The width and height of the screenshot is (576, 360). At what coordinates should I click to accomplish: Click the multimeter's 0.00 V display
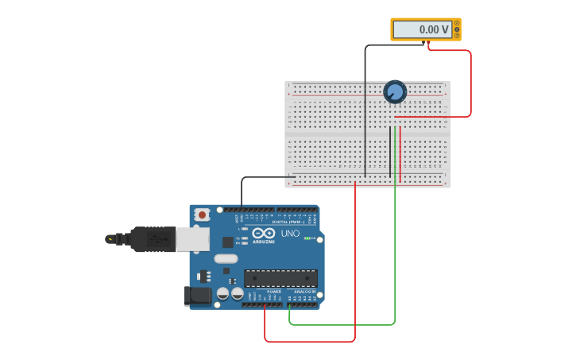tap(422, 29)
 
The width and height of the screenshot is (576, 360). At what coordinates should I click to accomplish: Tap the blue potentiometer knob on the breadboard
tap(395, 92)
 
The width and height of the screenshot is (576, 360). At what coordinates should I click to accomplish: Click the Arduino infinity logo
tap(263, 234)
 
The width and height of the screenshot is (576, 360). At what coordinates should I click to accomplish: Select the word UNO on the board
tap(290, 234)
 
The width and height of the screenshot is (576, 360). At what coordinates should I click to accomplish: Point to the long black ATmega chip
tap(280, 278)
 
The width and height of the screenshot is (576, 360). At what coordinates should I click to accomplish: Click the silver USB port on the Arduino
tap(192, 239)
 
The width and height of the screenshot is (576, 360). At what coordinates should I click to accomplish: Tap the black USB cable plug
tap(151, 238)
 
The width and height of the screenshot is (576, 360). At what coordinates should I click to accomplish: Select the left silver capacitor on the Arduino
tap(222, 293)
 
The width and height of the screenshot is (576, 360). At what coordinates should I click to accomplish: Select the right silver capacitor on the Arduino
tap(237, 293)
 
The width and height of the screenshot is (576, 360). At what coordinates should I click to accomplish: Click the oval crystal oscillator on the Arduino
tap(226, 258)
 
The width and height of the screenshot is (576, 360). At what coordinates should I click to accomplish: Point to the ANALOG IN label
tap(303, 292)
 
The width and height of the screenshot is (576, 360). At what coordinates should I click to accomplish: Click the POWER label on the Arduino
tap(274, 292)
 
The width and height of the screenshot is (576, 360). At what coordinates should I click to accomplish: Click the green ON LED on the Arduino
tap(307, 238)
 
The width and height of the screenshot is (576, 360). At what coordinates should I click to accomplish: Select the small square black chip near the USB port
tap(228, 242)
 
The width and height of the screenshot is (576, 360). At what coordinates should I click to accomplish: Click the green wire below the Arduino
tap(342, 324)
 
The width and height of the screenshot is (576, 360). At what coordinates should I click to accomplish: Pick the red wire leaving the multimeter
tap(470, 79)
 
